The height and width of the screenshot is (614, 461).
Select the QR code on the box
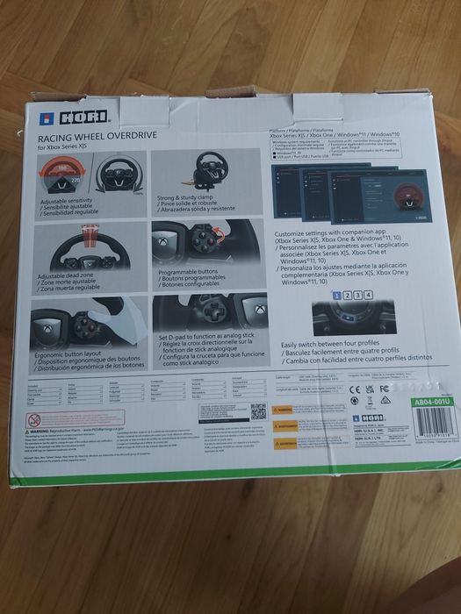coord(257,411)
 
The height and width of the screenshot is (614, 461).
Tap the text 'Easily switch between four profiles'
coord(334,346)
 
